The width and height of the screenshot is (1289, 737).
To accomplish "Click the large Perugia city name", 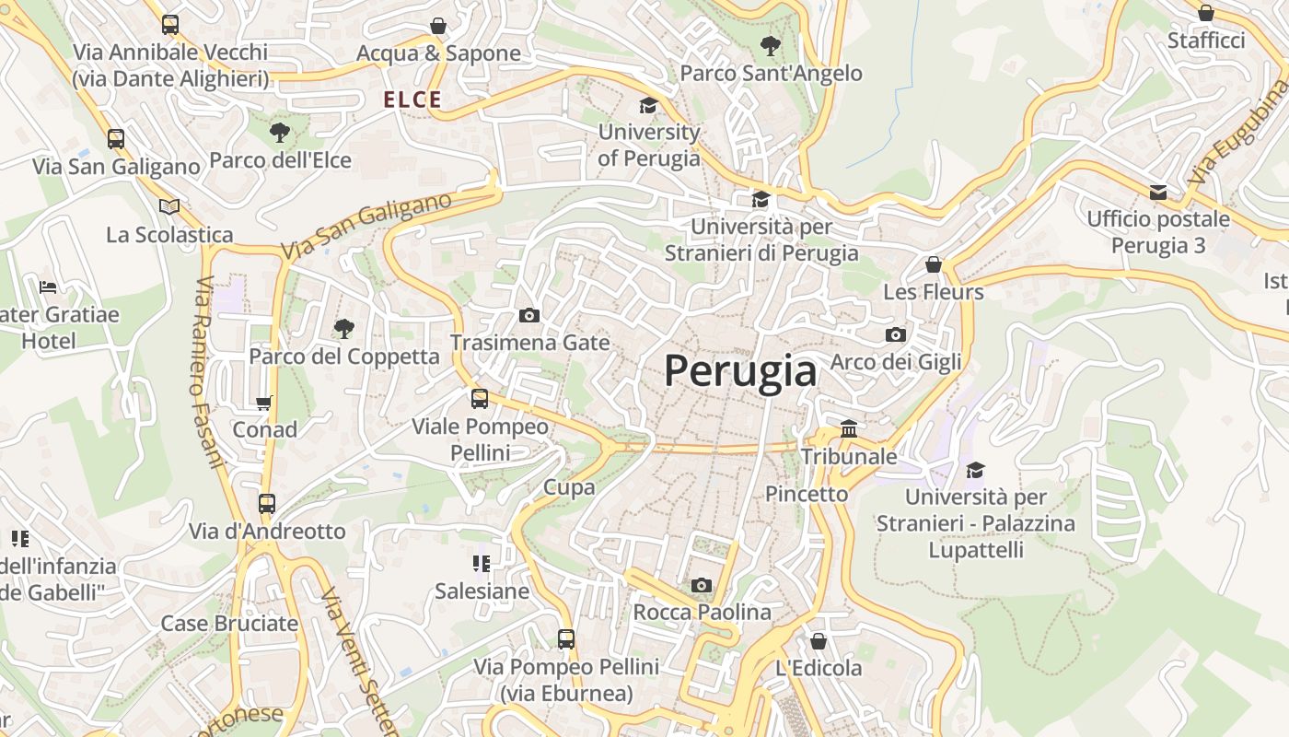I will (740, 371).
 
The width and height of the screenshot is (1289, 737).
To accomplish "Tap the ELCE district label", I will (412, 100).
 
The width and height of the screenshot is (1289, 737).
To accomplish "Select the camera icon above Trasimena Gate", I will (529, 316).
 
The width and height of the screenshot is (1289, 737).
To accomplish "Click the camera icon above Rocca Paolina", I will (702, 585).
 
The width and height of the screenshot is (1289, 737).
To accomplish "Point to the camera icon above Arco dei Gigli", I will (896, 334).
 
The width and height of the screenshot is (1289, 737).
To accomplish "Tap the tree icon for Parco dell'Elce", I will (279, 133).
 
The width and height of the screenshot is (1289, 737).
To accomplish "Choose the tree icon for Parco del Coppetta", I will (344, 328).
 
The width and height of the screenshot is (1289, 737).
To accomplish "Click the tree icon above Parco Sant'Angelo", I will (771, 45).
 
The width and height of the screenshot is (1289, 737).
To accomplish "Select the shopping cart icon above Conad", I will (264, 403).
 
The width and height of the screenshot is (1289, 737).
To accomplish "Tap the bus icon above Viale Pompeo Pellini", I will (480, 399).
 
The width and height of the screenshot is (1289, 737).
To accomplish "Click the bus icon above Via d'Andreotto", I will (267, 504).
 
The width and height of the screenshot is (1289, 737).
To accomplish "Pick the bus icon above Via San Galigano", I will (116, 139).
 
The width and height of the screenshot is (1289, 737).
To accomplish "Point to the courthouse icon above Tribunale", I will (849, 429).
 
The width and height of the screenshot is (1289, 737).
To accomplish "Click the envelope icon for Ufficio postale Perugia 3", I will (1158, 192).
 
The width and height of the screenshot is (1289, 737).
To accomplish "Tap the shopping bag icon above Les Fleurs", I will (934, 265).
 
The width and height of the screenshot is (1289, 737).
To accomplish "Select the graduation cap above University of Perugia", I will (649, 105).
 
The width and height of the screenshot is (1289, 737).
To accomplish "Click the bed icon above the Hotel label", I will (49, 287).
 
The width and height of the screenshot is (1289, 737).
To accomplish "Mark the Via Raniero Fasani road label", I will (209, 372).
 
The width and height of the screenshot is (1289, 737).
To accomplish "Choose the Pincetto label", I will (807, 494).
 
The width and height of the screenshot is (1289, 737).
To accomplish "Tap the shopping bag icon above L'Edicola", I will (819, 641).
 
